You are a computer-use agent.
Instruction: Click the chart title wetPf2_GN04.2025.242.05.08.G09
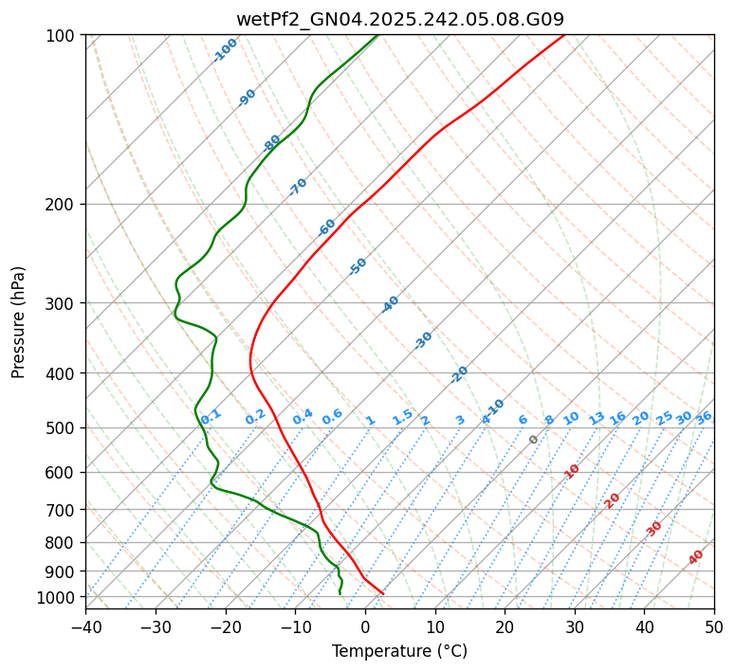[x=399, y=19]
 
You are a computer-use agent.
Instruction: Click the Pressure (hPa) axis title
[x=19, y=321]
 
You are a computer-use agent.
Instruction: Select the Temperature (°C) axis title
[x=399, y=651]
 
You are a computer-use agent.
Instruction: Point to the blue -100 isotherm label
[x=225, y=50]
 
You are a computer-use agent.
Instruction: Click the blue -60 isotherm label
[x=326, y=227]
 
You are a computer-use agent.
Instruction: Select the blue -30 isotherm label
[x=423, y=340]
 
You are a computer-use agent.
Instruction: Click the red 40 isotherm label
[x=696, y=557]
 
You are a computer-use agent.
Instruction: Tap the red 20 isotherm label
[x=613, y=499]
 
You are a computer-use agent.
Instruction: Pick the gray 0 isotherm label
[x=534, y=440]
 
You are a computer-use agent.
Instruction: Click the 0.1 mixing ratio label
[x=211, y=415]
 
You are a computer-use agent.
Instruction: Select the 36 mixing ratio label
[x=704, y=417]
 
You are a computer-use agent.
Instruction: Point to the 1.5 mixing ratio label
[x=403, y=416]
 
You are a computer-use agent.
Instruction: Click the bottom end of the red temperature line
[x=382, y=593]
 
